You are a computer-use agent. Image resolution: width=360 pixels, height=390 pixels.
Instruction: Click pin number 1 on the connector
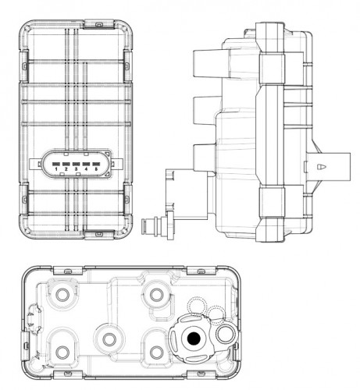coord(56,169)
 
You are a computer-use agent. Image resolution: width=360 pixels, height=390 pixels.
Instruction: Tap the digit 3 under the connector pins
coord(76,169)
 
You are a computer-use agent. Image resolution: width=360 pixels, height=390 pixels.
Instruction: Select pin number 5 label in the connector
coord(96,169)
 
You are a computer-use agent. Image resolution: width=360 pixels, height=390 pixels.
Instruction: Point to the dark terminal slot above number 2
coord(66,164)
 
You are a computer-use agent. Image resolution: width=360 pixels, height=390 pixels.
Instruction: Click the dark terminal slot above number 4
coord(86,164)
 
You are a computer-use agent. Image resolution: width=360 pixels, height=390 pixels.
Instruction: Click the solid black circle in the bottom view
coord(194,338)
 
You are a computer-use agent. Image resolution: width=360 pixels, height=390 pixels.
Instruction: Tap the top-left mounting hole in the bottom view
coord(62,295)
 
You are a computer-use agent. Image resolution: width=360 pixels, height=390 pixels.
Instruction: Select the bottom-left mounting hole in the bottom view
coord(62,353)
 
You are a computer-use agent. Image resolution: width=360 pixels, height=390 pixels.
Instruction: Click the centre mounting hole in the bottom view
coord(109,339)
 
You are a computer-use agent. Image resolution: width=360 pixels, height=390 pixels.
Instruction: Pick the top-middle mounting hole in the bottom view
coord(156,295)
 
